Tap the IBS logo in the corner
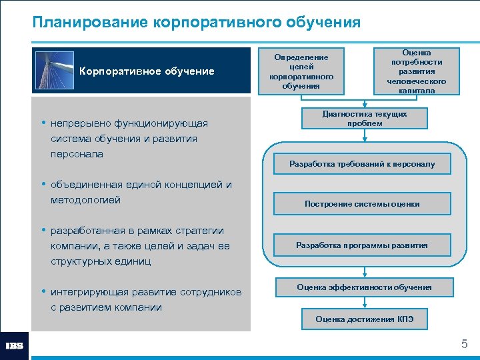pyautogui.click(x=15, y=346)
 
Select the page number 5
pyautogui.click(x=465, y=345)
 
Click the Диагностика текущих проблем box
pyautogui.click(x=365, y=119)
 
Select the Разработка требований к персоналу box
pyautogui.click(x=362, y=163)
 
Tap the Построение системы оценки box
pyautogui.click(x=362, y=204)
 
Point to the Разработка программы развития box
pyautogui.click(x=362, y=245)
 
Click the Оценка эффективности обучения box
pyautogui.click(x=364, y=287)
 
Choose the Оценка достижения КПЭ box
pyautogui.click(x=364, y=319)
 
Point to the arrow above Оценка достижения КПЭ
pyautogui.click(x=364, y=303)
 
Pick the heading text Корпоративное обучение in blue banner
pyautogui.click(x=147, y=71)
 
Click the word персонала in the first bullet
pyautogui.click(x=77, y=154)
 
